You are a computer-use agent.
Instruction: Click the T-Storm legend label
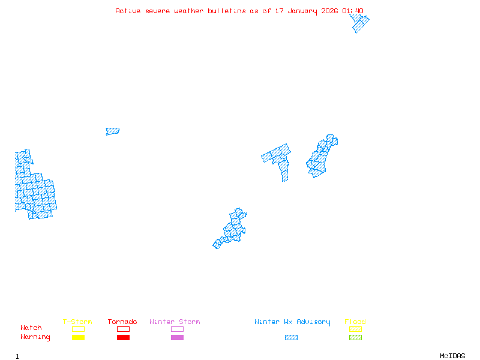coord(77,322)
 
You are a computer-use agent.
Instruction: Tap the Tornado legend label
coord(122,322)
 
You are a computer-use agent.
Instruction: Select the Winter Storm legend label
coord(175,322)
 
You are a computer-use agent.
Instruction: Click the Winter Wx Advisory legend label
coord(292,322)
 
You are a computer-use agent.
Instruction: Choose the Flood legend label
coord(355,322)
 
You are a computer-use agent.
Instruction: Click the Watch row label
coord(31,328)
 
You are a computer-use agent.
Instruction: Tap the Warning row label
coord(35,337)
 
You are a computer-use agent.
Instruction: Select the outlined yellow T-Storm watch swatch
coord(78,329)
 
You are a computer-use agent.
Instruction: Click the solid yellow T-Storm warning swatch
coord(78,338)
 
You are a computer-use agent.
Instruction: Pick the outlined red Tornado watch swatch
coord(123,329)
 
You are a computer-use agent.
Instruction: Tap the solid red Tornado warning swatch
coord(123,338)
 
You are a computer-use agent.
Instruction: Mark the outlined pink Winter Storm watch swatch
coord(177,329)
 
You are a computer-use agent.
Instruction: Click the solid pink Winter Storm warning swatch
coord(177,338)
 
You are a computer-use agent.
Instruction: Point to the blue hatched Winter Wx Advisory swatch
coord(291,338)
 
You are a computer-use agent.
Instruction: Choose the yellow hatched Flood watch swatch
coord(355,329)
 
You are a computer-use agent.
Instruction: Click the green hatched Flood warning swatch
coord(355,338)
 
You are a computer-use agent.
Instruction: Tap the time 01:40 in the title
coord(353,11)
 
